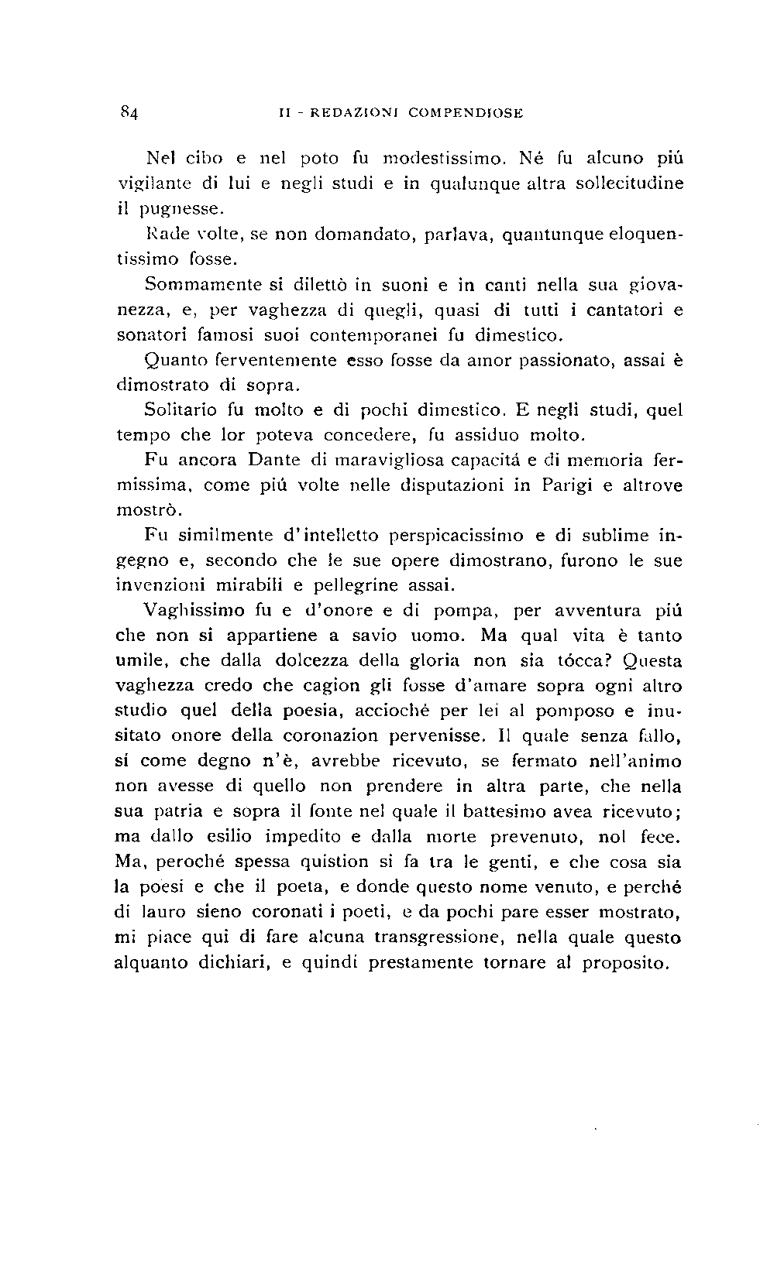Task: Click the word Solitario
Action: [180, 410]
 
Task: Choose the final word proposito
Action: [624, 964]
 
